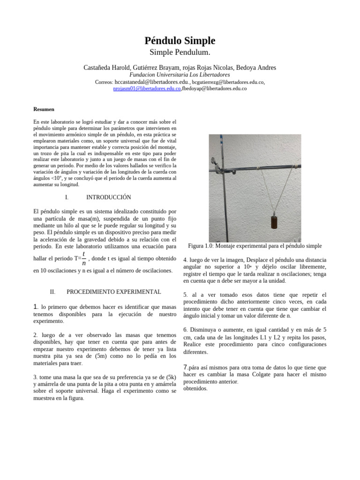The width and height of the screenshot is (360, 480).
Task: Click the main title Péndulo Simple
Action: click(180, 41)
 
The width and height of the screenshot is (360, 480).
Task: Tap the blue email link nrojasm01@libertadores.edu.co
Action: click(147, 89)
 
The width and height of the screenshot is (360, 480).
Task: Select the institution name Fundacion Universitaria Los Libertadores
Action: click(180, 75)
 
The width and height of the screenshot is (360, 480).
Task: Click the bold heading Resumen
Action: click(44, 109)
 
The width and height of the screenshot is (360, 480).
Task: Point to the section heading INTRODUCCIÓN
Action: click(109, 197)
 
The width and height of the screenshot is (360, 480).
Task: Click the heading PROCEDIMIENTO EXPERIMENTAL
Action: click(114, 292)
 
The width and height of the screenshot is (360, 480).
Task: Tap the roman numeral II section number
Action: click(52, 292)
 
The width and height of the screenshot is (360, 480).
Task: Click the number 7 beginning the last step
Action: click(185, 367)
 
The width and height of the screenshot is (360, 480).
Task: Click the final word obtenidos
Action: click(195, 389)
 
